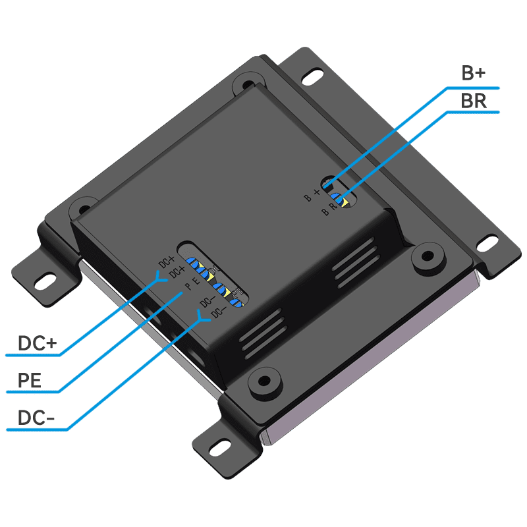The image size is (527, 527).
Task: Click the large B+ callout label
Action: tap(473, 73)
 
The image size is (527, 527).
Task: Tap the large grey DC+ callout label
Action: tap(38, 343)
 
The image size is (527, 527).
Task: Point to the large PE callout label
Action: tap(30, 380)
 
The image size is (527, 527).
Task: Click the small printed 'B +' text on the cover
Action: tap(312, 194)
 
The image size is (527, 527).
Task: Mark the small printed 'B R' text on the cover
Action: tap(329, 210)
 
